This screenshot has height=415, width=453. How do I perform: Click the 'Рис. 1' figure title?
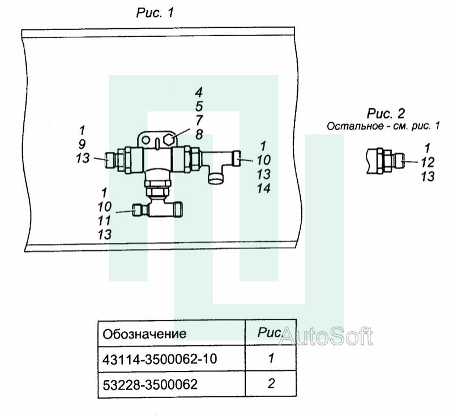[x=155, y=12]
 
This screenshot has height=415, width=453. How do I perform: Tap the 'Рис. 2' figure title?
[x=386, y=113]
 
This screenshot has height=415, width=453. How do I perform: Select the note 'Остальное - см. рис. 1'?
[x=383, y=126]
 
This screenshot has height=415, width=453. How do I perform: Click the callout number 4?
[x=199, y=93]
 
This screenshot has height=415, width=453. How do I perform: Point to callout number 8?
[x=199, y=135]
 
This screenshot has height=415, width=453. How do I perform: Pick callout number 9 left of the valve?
[x=82, y=144]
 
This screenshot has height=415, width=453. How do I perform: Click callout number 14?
[x=263, y=189]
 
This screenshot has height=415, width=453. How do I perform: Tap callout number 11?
[x=104, y=221]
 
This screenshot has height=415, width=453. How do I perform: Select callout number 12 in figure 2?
[x=428, y=162]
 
